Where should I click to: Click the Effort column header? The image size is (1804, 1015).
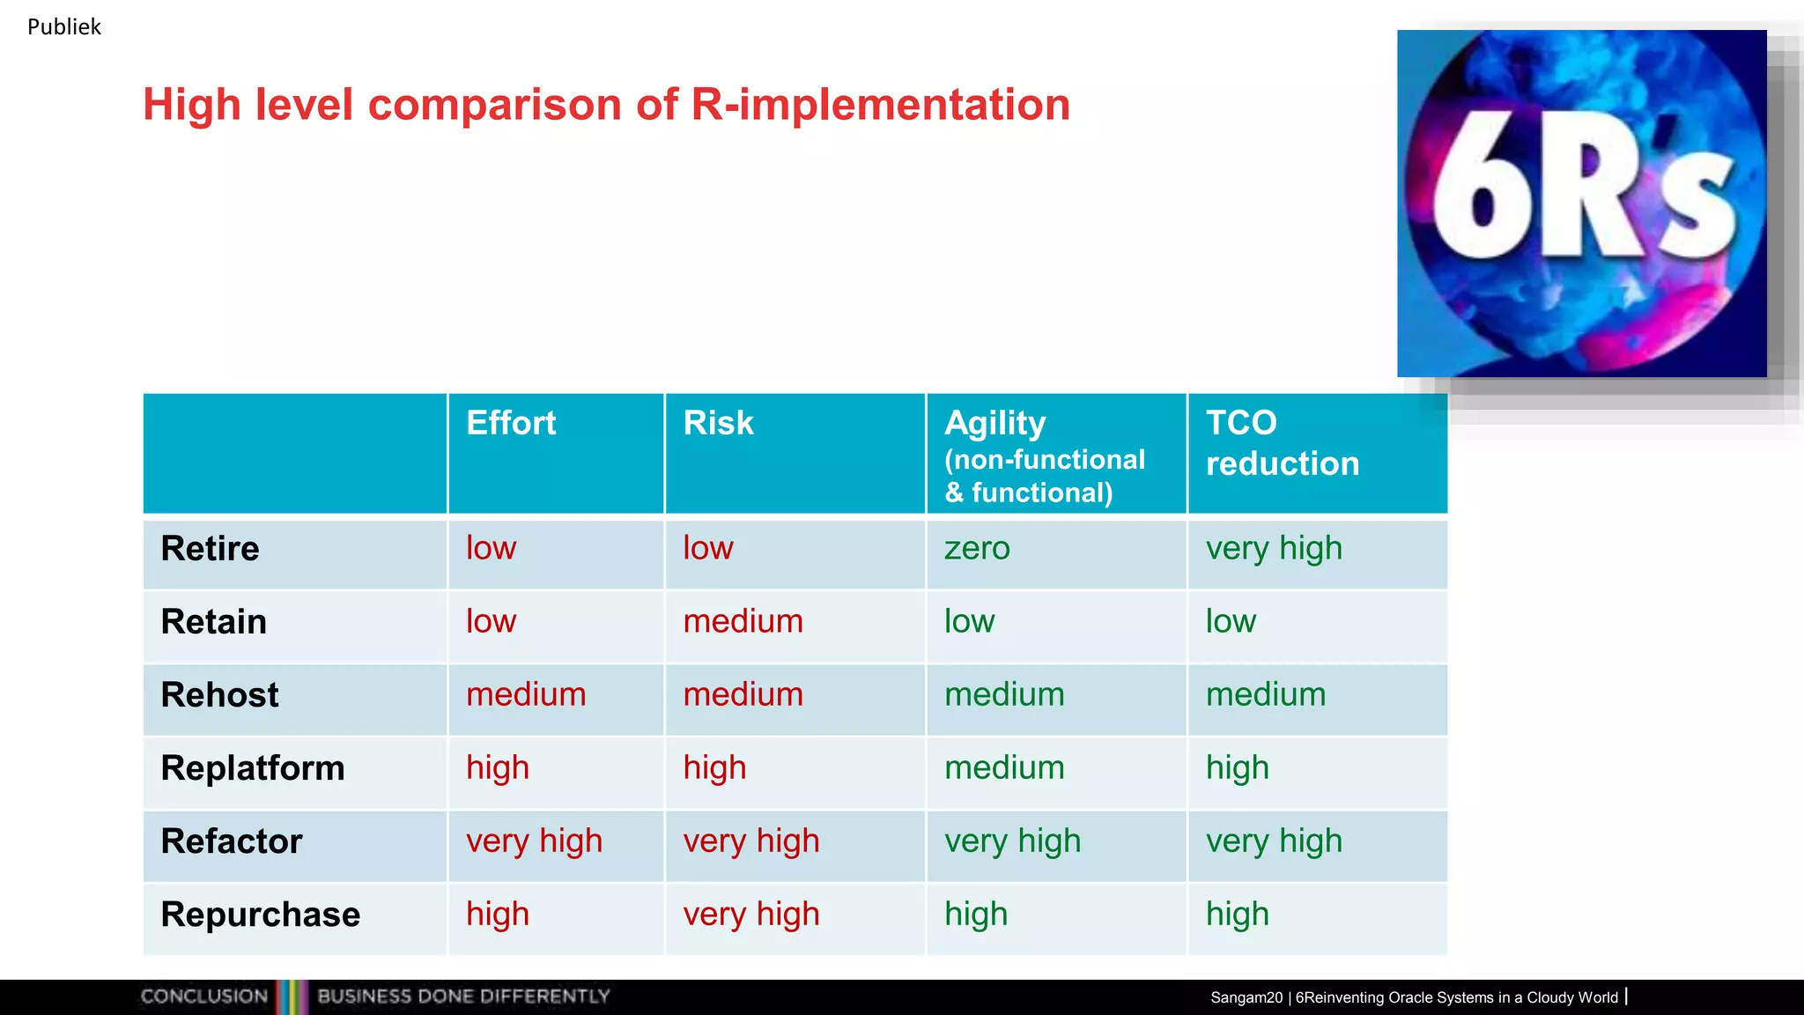[x=511, y=424]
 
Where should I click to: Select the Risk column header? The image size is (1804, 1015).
[x=718, y=424]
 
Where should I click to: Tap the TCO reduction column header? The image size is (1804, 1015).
[x=1282, y=443]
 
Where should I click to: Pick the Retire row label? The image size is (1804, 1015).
[x=210, y=549]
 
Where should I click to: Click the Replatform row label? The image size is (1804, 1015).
[x=252, y=768]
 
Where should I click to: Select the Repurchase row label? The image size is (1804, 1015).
[x=260, y=915]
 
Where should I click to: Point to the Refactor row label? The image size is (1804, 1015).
[x=231, y=841]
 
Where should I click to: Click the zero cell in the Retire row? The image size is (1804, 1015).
[x=977, y=549]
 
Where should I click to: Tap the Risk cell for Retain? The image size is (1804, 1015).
[x=743, y=622]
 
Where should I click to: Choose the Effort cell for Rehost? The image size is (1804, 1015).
[x=526, y=695]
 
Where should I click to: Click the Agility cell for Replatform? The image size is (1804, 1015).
[x=1004, y=768]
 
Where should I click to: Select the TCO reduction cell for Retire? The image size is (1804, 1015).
[x=1274, y=549]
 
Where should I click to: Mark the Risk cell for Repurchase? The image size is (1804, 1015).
[x=751, y=915]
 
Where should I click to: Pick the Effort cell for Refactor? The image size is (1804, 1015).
[x=534, y=841]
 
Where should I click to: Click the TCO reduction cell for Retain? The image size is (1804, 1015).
[x=1231, y=622]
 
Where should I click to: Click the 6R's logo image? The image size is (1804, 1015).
[x=1581, y=204]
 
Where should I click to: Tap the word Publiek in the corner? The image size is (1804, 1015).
[x=63, y=27]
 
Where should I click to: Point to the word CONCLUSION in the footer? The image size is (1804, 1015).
[x=203, y=996]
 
